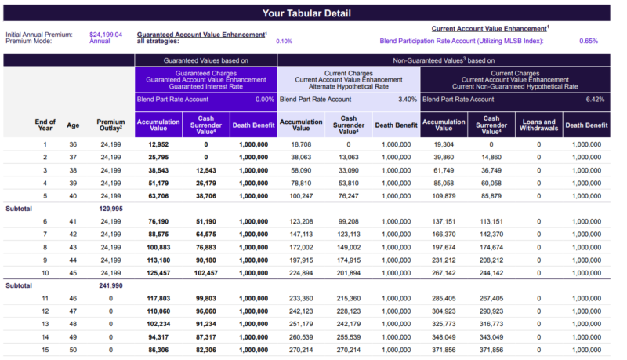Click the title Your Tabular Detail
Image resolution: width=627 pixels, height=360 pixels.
point(306,13)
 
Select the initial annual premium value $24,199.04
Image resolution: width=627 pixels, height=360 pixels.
point(106,35)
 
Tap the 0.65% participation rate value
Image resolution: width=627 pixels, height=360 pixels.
point(589,41)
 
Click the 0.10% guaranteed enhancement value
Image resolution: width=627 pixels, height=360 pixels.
point(284,42)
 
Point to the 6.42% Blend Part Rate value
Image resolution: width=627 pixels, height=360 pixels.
point(595,99)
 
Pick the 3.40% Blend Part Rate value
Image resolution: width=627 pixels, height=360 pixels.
point(408,99)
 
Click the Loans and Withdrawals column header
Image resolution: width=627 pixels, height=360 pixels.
point(538,125)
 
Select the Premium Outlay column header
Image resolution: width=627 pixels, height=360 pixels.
point(111,125)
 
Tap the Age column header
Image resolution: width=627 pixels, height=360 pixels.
point(73,125)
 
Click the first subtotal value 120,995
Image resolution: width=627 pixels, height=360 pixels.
point(111,209)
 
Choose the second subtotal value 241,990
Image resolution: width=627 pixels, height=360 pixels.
point(111,285)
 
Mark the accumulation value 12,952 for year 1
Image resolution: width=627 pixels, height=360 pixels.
point(158,144)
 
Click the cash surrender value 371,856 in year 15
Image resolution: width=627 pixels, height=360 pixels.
point(491,350)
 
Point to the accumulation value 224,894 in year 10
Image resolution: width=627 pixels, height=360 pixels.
point(301,273)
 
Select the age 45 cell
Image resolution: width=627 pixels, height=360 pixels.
point(73,273)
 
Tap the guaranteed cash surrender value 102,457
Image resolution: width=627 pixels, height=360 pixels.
point(206,273)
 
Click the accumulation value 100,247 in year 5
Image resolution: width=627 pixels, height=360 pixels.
point(301,196)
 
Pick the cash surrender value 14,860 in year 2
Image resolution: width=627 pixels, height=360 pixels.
point(491,157)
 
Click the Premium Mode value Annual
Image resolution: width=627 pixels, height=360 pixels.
point(100,41)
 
